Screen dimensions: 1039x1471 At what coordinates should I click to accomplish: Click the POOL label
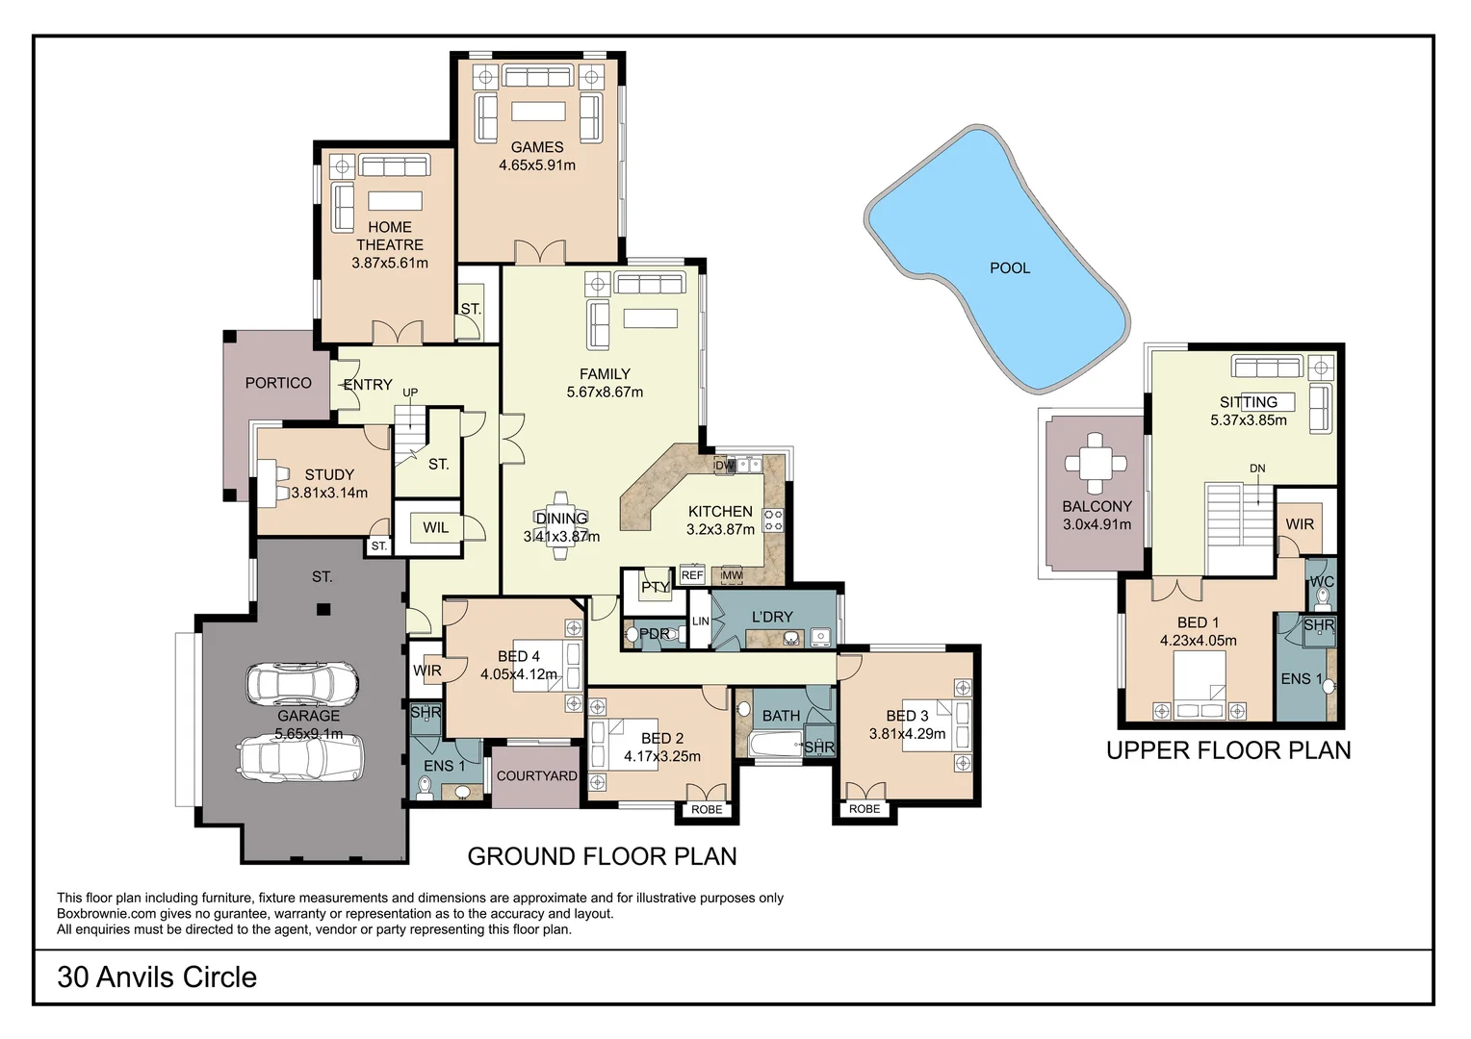tap(1010, 268)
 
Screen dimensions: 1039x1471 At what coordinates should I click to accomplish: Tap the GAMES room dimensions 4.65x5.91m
tap(537, 165)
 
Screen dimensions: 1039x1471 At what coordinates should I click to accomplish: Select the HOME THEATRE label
tap(390, 236)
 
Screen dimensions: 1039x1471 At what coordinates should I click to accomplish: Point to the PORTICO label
tap(278, 383)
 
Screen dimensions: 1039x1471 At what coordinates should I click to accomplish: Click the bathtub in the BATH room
tap(777, 745)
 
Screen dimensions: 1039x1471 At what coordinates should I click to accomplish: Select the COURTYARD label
tap(536, 776)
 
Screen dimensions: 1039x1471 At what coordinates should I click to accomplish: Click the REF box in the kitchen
tap(692, 575)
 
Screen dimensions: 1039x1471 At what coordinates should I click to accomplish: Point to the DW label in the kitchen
tap(725, 466)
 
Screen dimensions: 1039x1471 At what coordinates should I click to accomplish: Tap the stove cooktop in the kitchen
tap(773, 520)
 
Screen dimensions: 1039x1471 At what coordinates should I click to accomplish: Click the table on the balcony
tap(1096, 464)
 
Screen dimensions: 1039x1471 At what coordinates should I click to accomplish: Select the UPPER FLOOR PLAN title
tap(1228, 750)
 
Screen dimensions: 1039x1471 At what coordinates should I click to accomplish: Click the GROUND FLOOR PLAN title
tap(602, 856)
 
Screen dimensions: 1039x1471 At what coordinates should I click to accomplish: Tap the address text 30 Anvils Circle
tap(157, 977)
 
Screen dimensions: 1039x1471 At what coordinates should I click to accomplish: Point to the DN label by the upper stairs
tap(1257, 469)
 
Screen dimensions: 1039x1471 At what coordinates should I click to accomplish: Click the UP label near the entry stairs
tap(410, 393)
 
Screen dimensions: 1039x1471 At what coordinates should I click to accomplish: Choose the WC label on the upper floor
tap(1322, 582)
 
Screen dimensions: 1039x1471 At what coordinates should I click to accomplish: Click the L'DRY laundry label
tap(772, 617)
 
